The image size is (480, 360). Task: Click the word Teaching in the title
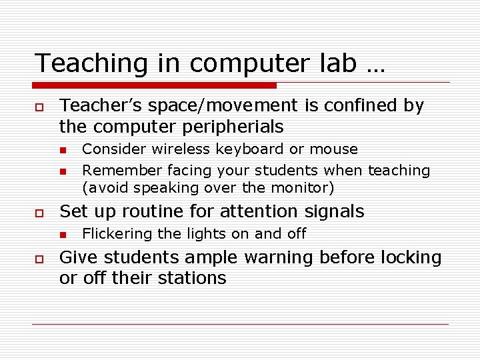coord(75,64)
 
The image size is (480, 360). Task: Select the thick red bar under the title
coord(155,85)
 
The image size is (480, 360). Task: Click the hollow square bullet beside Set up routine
coord(40,213)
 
